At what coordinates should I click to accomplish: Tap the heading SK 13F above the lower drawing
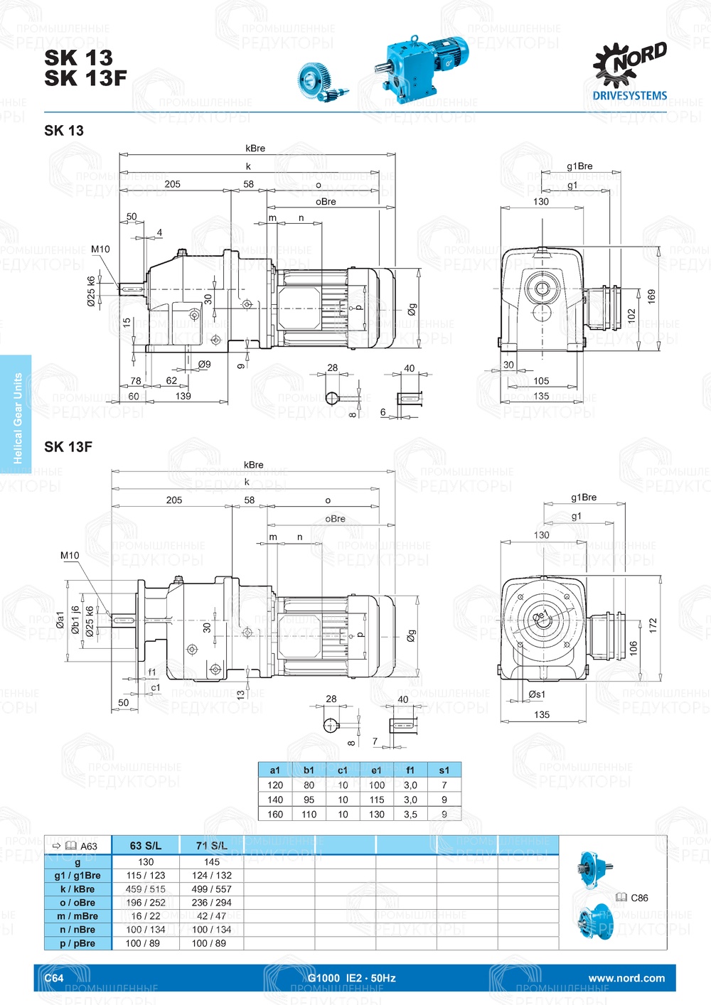68,447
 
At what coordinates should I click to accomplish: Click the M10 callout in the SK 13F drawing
70,556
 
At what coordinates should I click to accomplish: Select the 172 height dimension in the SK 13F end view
653,625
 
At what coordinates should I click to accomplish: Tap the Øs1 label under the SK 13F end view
537,694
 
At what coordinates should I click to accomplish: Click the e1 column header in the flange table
376,770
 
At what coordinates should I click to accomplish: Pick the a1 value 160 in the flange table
275,815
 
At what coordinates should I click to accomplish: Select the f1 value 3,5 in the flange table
410,815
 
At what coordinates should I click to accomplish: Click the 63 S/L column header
146,846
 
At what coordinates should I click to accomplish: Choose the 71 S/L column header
212,846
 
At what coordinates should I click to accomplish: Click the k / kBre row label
77,889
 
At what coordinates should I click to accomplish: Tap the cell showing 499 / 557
212,889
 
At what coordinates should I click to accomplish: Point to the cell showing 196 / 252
146,903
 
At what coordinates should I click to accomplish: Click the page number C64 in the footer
54,978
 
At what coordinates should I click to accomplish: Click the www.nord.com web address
626,978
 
